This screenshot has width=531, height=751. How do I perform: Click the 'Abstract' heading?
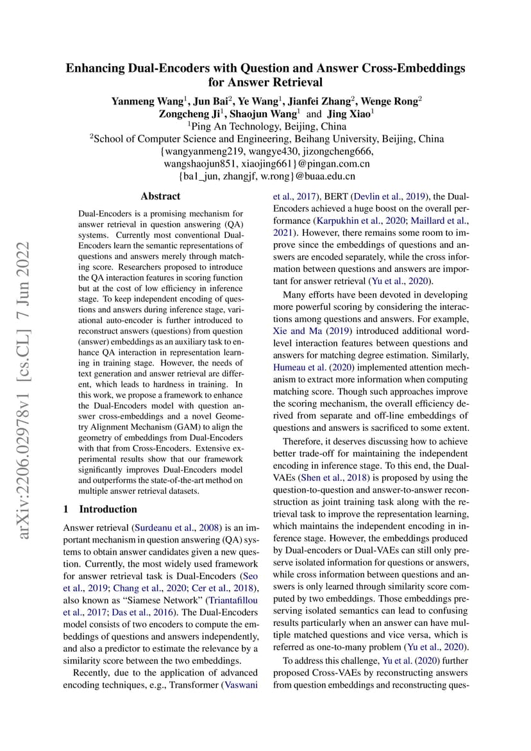(x=160, y=197)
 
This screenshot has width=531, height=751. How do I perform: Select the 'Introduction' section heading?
(x=108, y=509)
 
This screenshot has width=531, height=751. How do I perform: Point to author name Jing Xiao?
(x=351, y=114)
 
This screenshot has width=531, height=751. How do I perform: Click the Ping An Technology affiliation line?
(x=266, y=126)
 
